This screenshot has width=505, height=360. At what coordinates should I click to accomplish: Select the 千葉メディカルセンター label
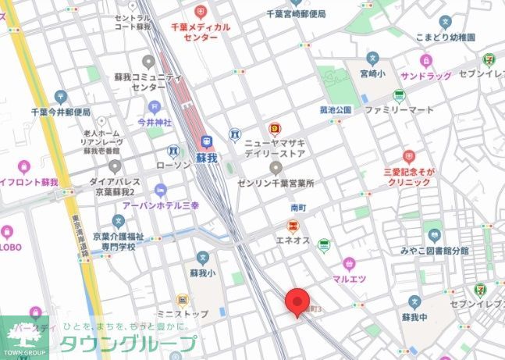pyautogui.click(x=201, y=31)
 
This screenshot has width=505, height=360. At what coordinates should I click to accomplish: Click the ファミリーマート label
pyautogui.click(x=398, y=110)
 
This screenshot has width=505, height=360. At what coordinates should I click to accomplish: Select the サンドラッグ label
pyautogui.click(x=426, y=77)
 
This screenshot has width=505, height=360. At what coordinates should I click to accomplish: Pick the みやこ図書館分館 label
pyautogui.click(x=435, y=251)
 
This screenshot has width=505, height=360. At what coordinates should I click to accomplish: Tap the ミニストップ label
pyautogui.click(x=181, y=313)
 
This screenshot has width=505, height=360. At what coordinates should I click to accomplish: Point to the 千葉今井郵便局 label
pyautogui.click(x=62, y=112)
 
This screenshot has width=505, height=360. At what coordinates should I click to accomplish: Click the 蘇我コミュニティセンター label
pyautogui.click(x=148, y=81)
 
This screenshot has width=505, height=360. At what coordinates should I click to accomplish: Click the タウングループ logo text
pyautogui.click(x=129, y=344)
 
